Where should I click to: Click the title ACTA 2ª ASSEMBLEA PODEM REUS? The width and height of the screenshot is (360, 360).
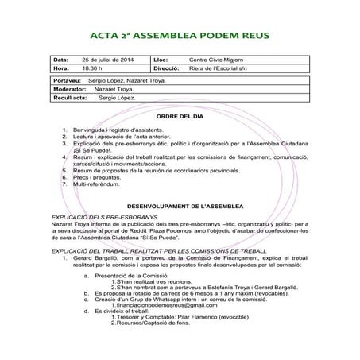pos(180,35)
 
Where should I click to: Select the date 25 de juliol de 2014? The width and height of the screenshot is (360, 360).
pos(107,60)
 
